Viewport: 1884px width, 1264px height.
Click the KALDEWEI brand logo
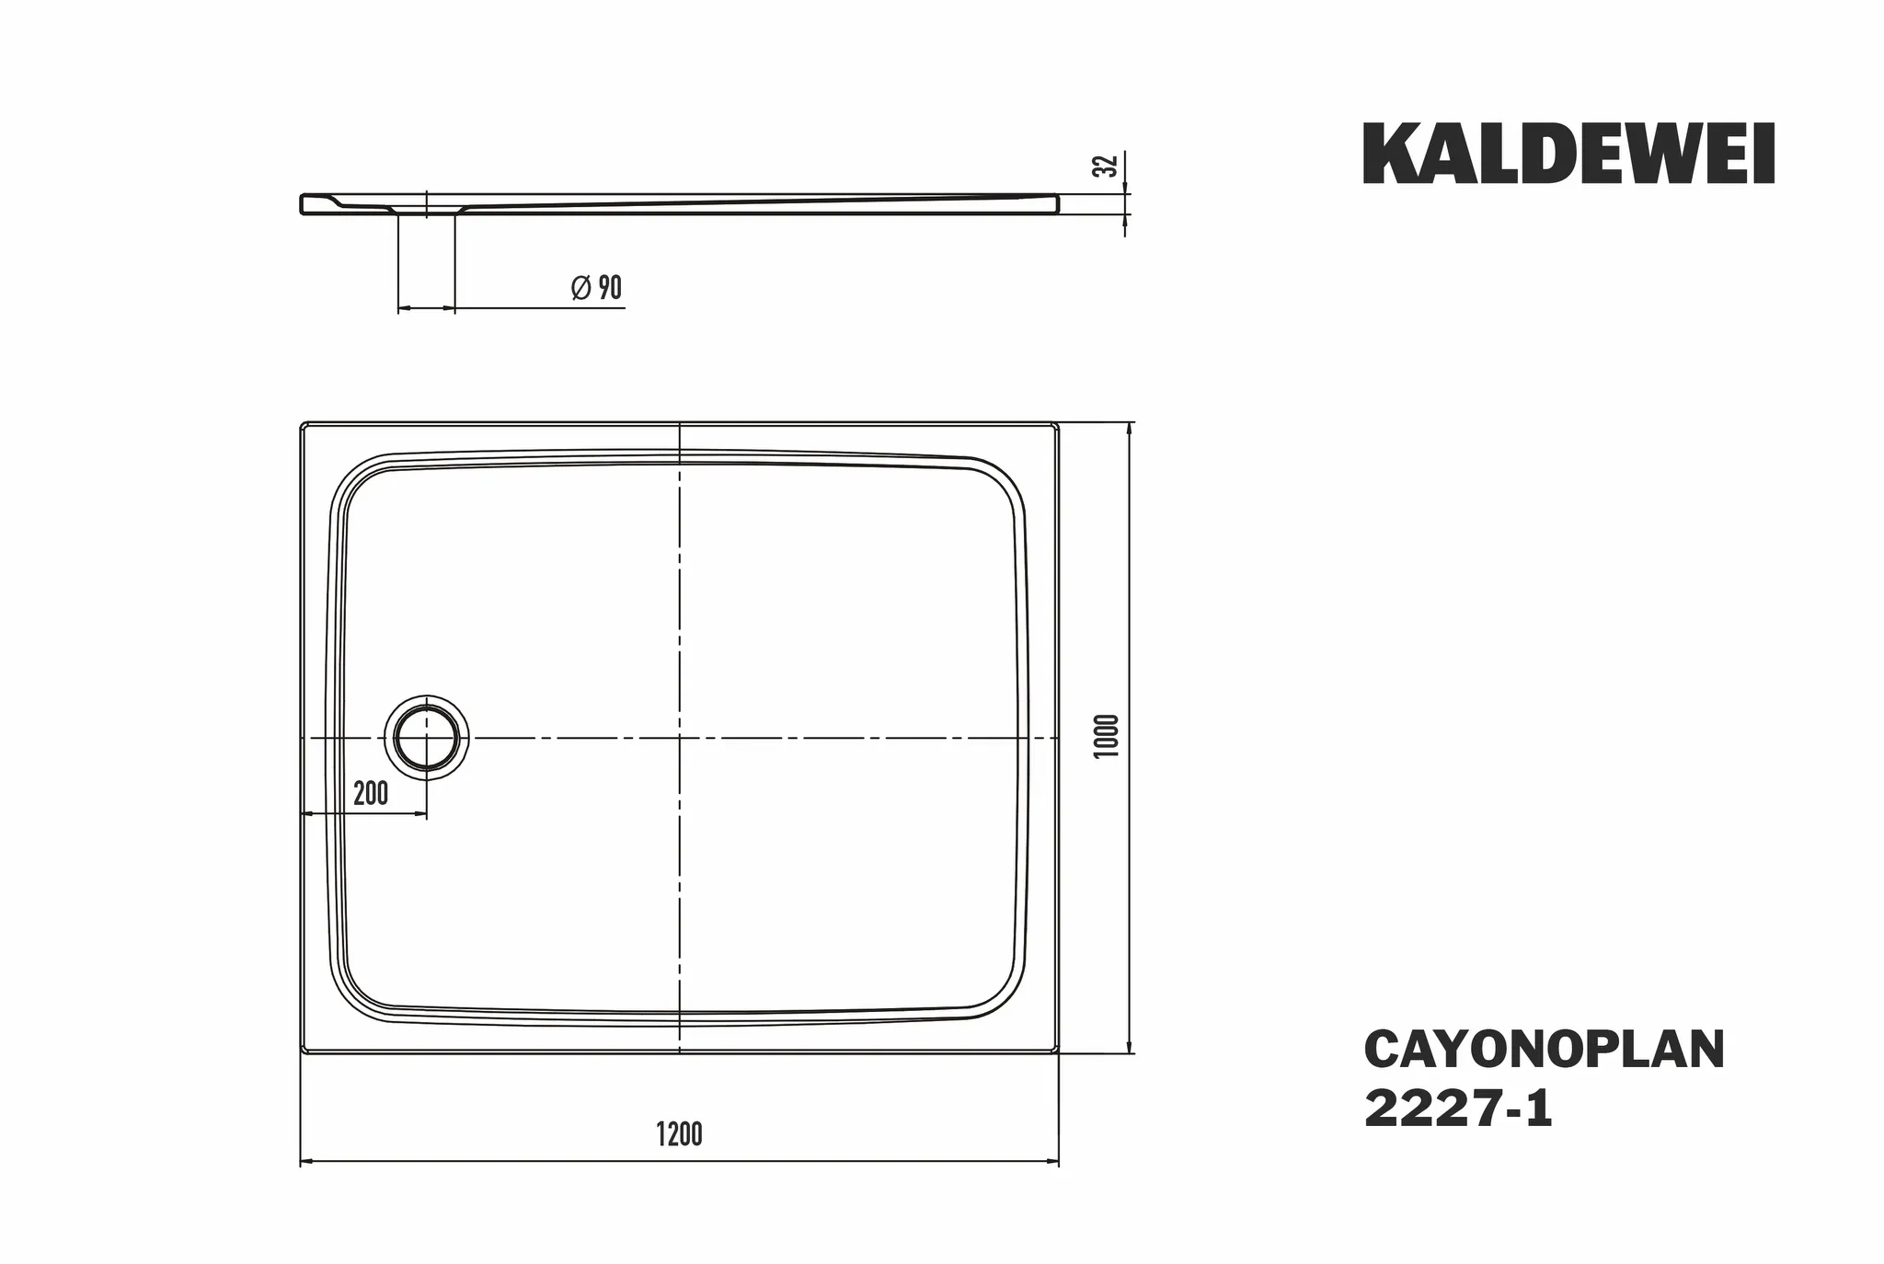[x=1568, y=155]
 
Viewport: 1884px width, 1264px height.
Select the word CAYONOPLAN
[x=1544, y=1051]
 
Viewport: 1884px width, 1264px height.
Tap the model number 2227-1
[x=1458, y=1109]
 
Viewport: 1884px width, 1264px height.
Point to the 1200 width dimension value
[x=679, y=1134]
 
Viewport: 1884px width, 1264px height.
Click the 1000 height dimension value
[x=1108, y=736]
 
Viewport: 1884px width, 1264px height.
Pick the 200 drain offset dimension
[x=371, y=793]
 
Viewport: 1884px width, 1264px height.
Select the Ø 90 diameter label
[x=596, y=288]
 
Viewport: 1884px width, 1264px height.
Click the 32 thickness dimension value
[x=1109, y=166]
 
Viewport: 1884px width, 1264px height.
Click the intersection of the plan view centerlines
[x=679, y=738]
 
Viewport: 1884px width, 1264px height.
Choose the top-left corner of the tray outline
[x=304, y=424]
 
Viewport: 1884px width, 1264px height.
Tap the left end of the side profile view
[x=303, y=204]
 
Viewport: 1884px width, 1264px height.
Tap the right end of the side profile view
[x=1057, y=203]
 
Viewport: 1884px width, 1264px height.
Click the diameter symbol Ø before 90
[x=580, y=288]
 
